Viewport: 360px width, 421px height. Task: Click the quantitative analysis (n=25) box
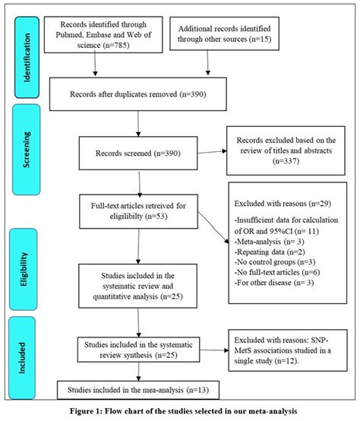click(138, 285)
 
